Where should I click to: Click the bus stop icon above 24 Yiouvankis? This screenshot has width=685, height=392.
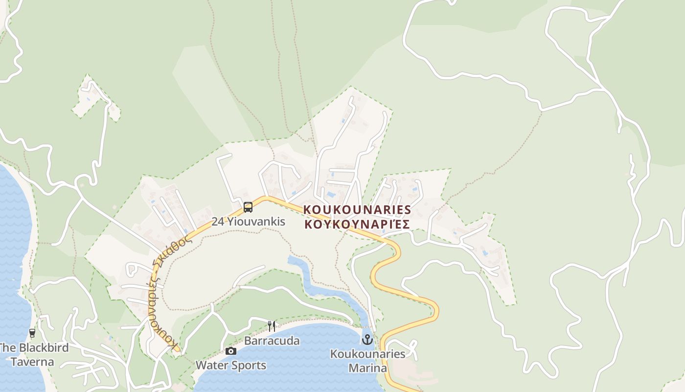click(x=248, y=207)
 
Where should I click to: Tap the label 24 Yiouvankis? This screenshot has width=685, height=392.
click(x=248, y=221)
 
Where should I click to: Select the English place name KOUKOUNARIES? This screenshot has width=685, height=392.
click(x=357, y=210)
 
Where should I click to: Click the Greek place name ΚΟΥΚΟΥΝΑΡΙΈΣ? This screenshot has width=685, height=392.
click(x=357, y=224)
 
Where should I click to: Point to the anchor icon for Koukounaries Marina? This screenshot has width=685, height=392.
click(x=367, y=339)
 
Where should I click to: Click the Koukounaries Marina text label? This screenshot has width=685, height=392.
click(x=367, y=361)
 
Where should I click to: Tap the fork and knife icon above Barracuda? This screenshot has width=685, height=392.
click(x=272, y=326)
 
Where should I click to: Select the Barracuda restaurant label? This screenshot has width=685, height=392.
click(x=272, y=341)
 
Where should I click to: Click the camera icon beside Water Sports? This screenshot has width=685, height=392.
click(x=231, y=351)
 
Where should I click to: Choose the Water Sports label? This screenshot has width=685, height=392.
click(x=231, y=366)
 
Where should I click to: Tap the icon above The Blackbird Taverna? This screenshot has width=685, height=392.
click(x=32, y=333)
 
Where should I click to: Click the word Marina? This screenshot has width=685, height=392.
click(x=367, y=368)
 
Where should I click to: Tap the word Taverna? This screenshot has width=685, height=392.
click(x=32, y=363)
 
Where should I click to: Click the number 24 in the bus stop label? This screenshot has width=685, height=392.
click(x=218, y=221)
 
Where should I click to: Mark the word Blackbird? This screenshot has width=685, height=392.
click(x=43, y=348)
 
